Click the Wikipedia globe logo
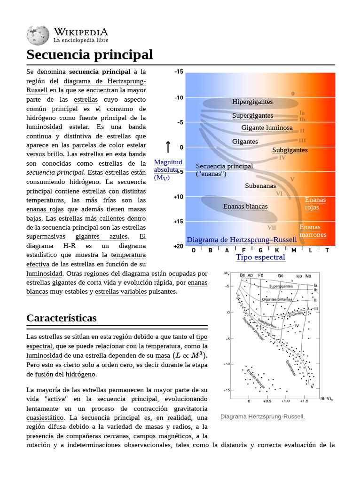coord(38,35)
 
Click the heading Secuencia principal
coord(90,55)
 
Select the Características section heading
coord(62,318)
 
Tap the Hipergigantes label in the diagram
coord(252,102)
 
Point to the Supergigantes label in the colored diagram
coord(252,116)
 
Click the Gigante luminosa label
coord(267,128)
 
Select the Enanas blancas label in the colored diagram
coord(245,206)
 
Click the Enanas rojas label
coord(315,204)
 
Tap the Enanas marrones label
coord(313,231)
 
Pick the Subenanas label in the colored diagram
coord(260,186)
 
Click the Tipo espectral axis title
coord(260,257)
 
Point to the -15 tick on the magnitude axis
coord(179,72)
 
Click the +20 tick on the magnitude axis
coord(179,246)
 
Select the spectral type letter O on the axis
coord(194,250)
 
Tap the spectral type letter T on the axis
coord(327,250)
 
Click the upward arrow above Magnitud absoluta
coord(168,146)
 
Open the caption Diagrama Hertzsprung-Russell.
coord(262,417)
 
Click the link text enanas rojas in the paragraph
coord(46,209)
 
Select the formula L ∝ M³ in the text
coord(189,355)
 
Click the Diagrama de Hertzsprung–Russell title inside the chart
coord(242,240)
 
